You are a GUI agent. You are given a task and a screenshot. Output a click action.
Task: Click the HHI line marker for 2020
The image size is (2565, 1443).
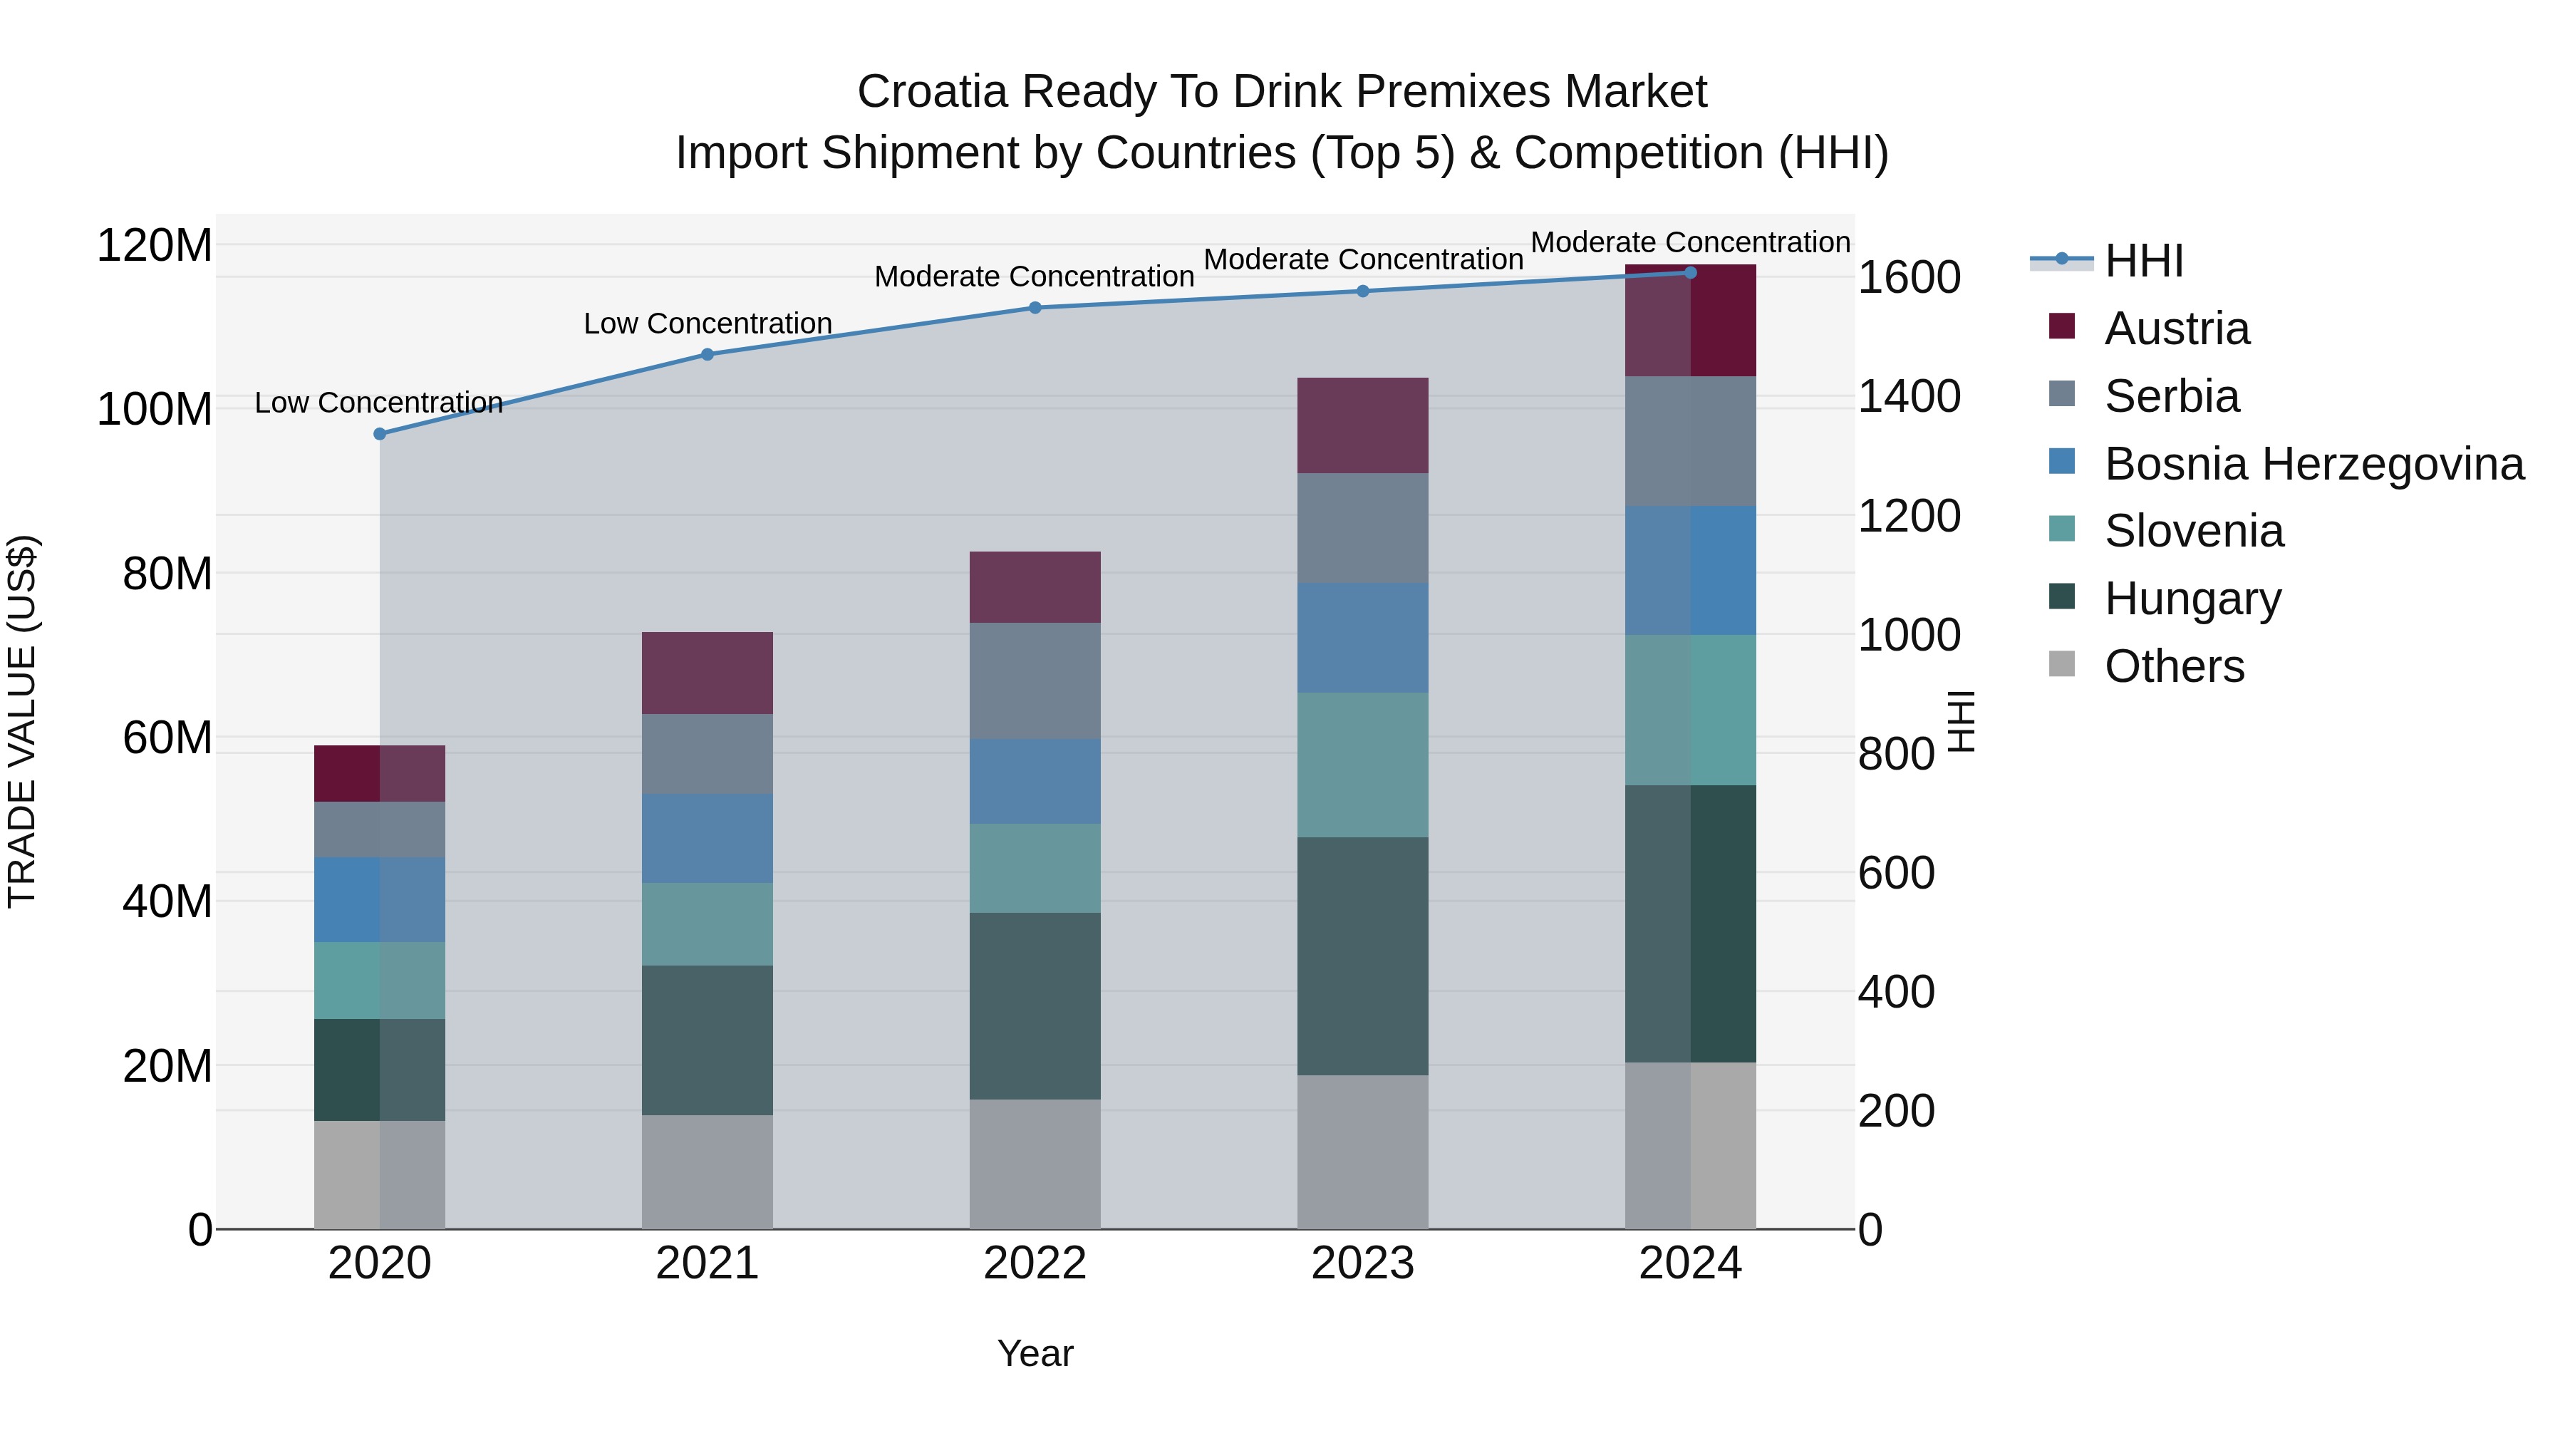point(379,434)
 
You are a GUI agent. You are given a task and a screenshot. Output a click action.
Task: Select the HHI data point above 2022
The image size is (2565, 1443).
point(1035,308)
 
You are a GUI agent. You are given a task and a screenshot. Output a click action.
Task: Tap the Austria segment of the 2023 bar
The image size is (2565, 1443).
point(1362,425)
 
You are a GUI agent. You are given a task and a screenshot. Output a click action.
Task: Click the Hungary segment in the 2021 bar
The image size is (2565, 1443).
point(707,1040)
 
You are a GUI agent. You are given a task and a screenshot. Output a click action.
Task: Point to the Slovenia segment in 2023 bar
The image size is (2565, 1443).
point(1362,764)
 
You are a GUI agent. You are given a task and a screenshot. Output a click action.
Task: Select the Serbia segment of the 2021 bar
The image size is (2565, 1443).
point(707,754)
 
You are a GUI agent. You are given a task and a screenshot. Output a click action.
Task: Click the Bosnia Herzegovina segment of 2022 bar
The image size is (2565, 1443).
point(1035,781)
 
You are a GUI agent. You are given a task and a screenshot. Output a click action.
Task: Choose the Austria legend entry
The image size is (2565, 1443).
point(2176,329)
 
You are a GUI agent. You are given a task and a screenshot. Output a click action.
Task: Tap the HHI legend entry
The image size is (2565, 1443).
point(2142,261)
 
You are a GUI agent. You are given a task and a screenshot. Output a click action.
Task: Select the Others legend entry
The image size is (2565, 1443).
point(2174,666)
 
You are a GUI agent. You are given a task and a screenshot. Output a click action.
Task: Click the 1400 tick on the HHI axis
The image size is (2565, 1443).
point(1909,396)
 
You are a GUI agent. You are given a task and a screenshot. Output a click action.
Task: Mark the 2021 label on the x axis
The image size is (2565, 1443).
point(707,1263)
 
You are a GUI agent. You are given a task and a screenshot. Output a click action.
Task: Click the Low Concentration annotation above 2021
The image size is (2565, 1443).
point(707,324)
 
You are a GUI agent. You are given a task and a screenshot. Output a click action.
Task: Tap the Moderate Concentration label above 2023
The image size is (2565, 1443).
point(1362,259)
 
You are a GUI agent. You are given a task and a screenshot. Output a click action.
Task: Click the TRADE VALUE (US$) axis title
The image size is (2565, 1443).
point(22,721)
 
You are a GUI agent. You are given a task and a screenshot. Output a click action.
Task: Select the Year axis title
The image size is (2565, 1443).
point(1035,1353)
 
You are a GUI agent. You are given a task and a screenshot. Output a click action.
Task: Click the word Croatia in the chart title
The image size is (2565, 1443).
point(932,92)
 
